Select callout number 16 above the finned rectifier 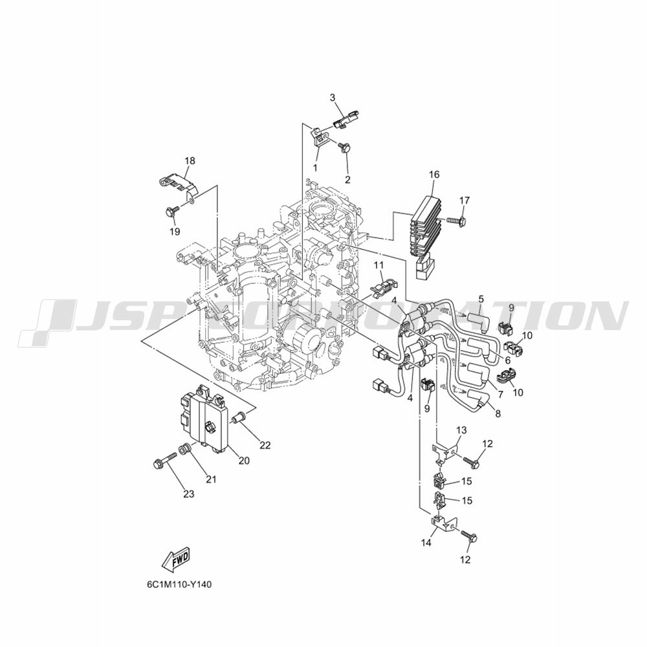pos(434,175)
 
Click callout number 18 pos(190,160)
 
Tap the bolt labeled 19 pos(171,212)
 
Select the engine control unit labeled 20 pos(205,419)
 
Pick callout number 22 pos(265,445)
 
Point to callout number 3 pos(333,98)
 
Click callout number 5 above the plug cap pos(481,299)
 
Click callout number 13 pos(461,430)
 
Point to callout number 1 pos(315,168)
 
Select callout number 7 pos(501,395)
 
